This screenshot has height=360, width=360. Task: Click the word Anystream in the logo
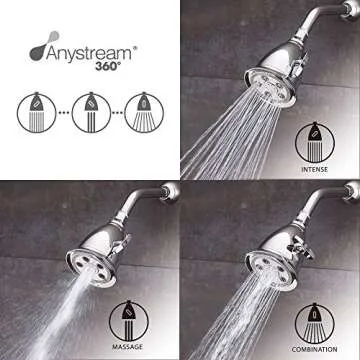(86, 46)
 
